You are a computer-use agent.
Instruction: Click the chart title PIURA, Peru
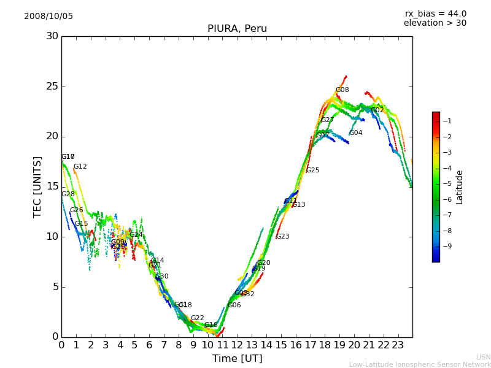pos(237,29)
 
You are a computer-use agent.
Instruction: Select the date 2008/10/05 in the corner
pos(48,16)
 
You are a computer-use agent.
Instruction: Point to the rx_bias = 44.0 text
pos(435,13)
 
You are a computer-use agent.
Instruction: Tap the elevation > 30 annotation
pos(435,23)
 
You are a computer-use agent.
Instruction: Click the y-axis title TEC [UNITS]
pos(37,186)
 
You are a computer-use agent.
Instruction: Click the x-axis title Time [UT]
pos(237,359)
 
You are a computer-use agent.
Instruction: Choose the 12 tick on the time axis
pos(237,345)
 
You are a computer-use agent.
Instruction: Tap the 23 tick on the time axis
pos(398,345)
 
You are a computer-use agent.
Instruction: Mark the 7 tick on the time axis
pos(164,345)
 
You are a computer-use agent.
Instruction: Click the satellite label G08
pos(342,90)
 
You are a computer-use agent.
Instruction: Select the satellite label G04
pos(355,133)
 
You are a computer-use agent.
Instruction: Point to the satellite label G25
pos(312,171)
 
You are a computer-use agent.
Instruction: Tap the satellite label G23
pos(282,237)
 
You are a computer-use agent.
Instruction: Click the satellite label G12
pos(80,167)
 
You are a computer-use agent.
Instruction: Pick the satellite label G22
pos(197,318)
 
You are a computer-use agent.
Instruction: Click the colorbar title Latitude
pos(460,186)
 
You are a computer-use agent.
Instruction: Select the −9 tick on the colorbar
pos(447,246)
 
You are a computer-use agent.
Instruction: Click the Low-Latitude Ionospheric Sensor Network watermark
pos(420,365)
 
